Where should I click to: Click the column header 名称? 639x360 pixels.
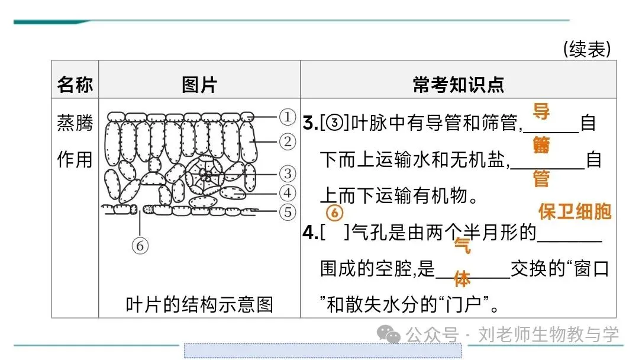[x=75, y=85]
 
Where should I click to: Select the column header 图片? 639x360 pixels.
[x=199, y=85]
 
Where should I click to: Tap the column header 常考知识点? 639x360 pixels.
[x=458, y=85]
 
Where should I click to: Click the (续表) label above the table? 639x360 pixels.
[x=586, y=50]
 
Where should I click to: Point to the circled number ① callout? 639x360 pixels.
[x=287, y=117]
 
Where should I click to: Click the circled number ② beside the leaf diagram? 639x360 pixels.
[x=287, y=142]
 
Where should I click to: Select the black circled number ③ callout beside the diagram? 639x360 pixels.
[x=287, y=173]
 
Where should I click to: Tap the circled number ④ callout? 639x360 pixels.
[x=287, y=192]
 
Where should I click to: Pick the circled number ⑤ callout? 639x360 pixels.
[x=287, y=211]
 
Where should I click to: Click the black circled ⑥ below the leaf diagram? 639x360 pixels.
[x=140, y=245]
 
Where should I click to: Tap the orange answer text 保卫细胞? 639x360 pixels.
[x=574, y=212]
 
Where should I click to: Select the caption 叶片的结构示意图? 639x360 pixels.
[x=199, y=304]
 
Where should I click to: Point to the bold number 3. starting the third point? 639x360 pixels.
[x=310, y=124]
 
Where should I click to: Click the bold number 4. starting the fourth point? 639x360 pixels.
[x=310, y=233]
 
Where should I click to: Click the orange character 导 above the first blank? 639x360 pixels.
[x=541, y=110]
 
